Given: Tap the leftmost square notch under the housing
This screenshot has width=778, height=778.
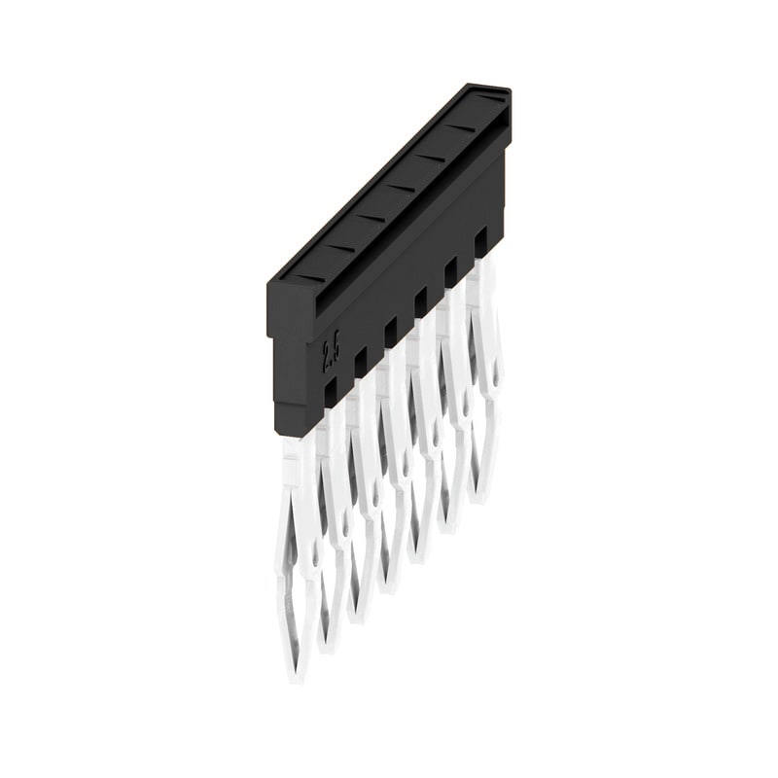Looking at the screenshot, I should (x=331, y=389).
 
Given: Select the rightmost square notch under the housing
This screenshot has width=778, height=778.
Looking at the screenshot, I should (x=479, y=239).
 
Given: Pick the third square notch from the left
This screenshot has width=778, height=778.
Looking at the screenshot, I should (x=391, y=331).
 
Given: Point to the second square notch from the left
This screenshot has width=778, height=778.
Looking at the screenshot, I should (x=361, y=361).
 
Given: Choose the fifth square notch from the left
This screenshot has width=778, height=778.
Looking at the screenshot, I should (x=450, y=270).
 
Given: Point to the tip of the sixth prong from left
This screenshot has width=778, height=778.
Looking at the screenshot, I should (x=448, y=530).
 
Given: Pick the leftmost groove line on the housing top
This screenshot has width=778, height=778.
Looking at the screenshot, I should (x=310, y=277).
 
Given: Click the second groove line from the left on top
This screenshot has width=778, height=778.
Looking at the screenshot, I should (x=340, y=247).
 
